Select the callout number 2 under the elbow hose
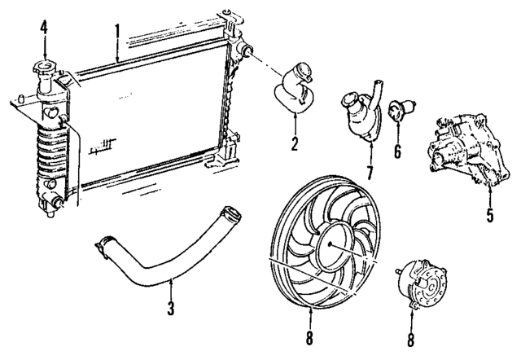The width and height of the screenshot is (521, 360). point(295,145)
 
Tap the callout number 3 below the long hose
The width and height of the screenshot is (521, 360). point(171,311)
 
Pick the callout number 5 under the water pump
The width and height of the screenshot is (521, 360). point(489,217)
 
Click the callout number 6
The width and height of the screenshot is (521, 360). point(396,151)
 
